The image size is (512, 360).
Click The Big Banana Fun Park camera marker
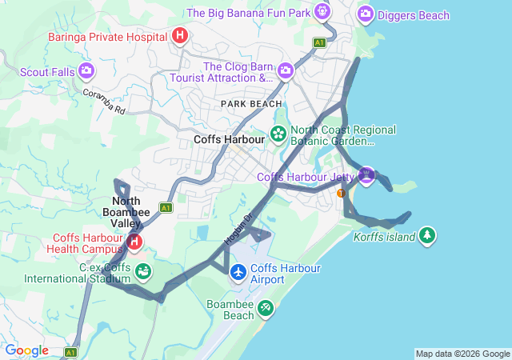click(x=322, y=12)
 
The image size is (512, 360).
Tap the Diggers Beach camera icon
click(x=366, y=14)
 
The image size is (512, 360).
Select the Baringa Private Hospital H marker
click(x=180, y=36)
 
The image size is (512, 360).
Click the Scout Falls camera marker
click(x=86, y=72)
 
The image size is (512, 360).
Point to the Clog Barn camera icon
click(x=286, y=73)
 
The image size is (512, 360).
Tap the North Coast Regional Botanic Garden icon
click(x=278, y=133)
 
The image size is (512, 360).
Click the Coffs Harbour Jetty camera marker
click(x=366, y=175)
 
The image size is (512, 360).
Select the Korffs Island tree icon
click(x=428, y=235)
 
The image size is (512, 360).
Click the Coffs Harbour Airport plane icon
click(x=238, y=273)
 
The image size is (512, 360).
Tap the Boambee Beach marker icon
click(x=265, y=308)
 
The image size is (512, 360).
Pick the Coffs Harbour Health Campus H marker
click(x=135, y=241)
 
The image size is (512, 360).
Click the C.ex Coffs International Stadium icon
click(x=143, y=272)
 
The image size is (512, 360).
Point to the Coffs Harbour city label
click(x=229, y=139)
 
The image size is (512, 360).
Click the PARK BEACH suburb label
click(x=252, y=104)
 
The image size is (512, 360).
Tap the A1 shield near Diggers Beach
click(x=320, y=42)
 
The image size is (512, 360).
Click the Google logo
click(x=26, y=350)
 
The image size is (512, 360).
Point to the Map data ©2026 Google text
click(x=462, y=354)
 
